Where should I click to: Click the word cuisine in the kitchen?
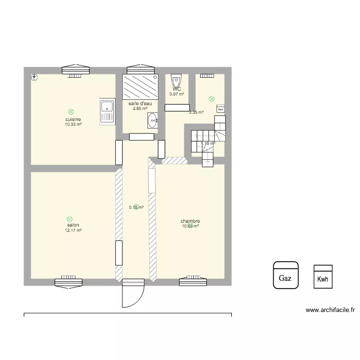click(73, 119)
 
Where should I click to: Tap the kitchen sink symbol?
click(107, 111)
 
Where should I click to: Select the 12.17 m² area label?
click(73, 230)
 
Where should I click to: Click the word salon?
click(73, 225)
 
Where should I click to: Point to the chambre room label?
click(190, 221)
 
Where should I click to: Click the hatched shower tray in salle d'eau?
click(141, 86)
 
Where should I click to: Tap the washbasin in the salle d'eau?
click(153, 120)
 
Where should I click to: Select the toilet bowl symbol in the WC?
click(177, 80)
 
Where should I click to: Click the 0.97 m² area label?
click(177, 94)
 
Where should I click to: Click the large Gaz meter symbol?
click(286, 276)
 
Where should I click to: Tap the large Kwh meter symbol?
click(324, 277)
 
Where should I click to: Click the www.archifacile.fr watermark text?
click(330, 310)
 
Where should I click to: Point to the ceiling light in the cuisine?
click(72, 111)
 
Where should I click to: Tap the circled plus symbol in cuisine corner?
click(34, 77)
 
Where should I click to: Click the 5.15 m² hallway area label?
click(136, 207)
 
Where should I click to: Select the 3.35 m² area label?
click(196, 112)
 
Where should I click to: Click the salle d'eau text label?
click(140, 103)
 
